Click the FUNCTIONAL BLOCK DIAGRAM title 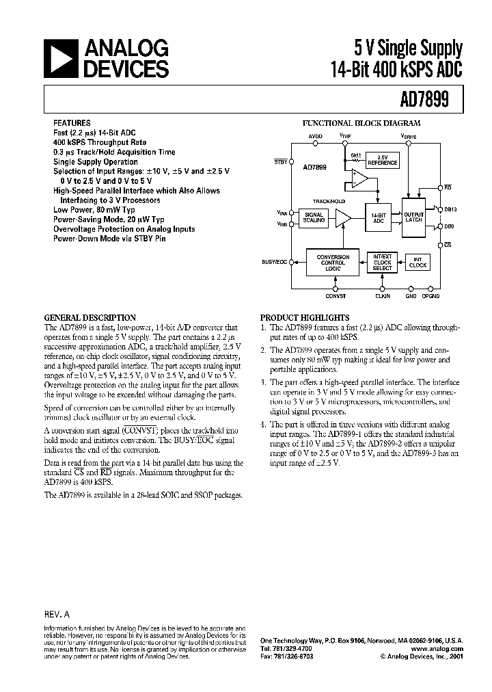tap(361, 124)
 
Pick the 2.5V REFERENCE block tap(382, 161)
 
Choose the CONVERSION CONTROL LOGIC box tap(333, 263)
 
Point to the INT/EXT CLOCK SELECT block tap(383, 262)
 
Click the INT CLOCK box tap(419, 262)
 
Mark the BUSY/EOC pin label tap(275, 262)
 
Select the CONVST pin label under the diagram tap(336, 296)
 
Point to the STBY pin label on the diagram tap(280, 161)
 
